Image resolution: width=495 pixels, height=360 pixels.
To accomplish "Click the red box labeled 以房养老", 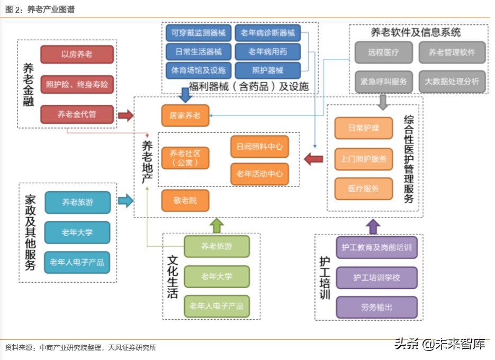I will click(x=77, y=54).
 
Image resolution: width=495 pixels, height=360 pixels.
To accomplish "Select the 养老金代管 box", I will click(x=77, y=114).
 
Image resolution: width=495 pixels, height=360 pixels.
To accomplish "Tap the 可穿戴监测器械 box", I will click(x=198, y=33).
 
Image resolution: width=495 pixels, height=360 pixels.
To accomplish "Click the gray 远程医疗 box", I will click(x=384, y=52).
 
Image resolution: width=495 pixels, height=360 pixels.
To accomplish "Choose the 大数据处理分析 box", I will click(x=452, y=82).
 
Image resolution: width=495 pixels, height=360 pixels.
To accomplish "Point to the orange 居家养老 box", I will click(x=185, y=115).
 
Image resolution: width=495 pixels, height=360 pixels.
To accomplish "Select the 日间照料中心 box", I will click(x=259, y=147).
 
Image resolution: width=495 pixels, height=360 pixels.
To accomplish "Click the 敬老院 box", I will click(x=185, y=200).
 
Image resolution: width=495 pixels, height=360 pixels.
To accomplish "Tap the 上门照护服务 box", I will click(x=364, y=158).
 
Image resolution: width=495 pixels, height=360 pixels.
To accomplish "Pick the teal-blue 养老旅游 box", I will click(x=77, y=202).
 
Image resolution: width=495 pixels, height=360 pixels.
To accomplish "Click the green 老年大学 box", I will click(x=217, y=276).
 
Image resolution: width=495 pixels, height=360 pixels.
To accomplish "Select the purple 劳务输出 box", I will click(x=376, y=307).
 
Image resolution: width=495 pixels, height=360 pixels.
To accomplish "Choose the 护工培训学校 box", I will click(x=376, y=277).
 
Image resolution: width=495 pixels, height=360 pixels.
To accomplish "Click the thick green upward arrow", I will click(x=217, y=226).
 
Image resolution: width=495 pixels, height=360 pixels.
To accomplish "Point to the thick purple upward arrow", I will click(x=373, y=227).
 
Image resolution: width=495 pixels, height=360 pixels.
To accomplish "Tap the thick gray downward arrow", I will click(x=383, y=101).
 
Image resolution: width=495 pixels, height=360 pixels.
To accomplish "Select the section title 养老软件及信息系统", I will click(x=415, y=32).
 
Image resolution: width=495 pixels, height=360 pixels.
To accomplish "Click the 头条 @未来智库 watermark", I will click(x=439, y=345).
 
